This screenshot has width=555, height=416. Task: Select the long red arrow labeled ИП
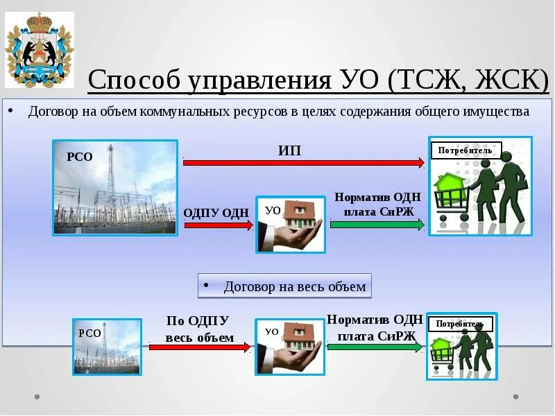point(303,162)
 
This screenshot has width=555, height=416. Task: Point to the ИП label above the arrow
point(289,150)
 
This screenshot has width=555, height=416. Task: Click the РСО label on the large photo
point(79,157)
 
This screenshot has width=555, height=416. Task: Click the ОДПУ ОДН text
point(216,212)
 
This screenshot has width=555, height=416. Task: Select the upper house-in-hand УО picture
point(290,224)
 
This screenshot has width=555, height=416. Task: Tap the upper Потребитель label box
point(466,150)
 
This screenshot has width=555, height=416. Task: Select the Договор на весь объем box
point(284,286)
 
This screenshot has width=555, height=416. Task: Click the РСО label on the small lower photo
point(89,333)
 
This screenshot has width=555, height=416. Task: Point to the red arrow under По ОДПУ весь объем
point(199,347)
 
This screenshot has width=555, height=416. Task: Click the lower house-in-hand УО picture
point(289,347)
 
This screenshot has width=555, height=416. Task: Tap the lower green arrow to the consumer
point(375,347)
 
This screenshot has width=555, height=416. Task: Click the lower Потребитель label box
point(461,324)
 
